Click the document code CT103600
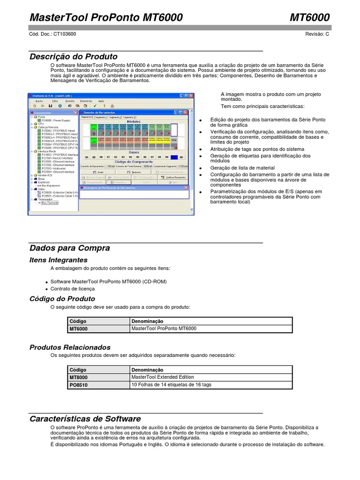pyautogui.click(x=65, y=34)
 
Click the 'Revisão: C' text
pyautogui.click(x=317, y=34)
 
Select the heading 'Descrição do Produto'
pyautogui.click(x=74, y=57)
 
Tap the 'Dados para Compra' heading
pyautogui.click(x=70, y=248)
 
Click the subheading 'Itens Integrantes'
pyautogui.click(x=59, y=260)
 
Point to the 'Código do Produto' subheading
pyautogui.click(x=62, y=299)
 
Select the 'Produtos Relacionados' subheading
pyautogui.click(x=70, y=347)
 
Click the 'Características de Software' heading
pyautogui.click(x=85, y=419)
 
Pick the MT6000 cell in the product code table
pyautogui.click(x=79, y=329)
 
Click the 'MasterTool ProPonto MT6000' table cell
pyautogui.click(x=164, y=329)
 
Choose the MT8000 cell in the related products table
pyautogui.click(x=79, y=377)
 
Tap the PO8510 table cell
pyautogui.click(x=79, y=385)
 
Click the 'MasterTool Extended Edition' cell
pyautogui.click(x=163, y=377)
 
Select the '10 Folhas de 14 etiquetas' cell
pyautogui.click(x=172, y=385)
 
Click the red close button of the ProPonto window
pyautogui.click(x=192, y=95)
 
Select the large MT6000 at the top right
pyautogui.click(x=309, y=17)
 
